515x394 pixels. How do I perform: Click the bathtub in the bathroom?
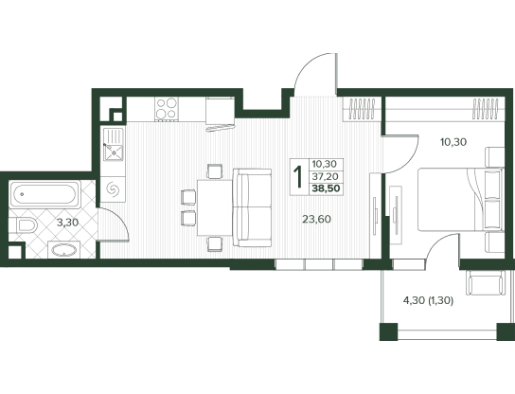click(x=44, y=194)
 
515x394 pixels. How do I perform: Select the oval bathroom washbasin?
click(x=64, y=250)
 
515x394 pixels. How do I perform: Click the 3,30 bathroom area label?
click(x=67, y=223)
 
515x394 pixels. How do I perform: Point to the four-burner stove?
click(x=167, y=109)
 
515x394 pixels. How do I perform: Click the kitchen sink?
click(x=114, y=145)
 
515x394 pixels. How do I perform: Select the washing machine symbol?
click(x=113, y=188)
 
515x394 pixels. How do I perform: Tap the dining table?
click(x=215, y=207)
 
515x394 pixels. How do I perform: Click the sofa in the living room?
click(x=252, y=207)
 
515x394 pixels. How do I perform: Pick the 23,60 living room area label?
click(x=316, y=219)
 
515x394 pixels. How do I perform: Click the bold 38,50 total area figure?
click(x=327, y=188)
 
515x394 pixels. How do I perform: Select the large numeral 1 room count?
click(x=298, y=177)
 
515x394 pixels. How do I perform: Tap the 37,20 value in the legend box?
click(x=325, y=177)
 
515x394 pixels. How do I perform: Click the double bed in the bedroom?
click(x=461, y=200)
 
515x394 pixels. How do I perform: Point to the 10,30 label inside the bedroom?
click(x=453, y=142)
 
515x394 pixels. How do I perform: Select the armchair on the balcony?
click(x=486, y=282)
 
